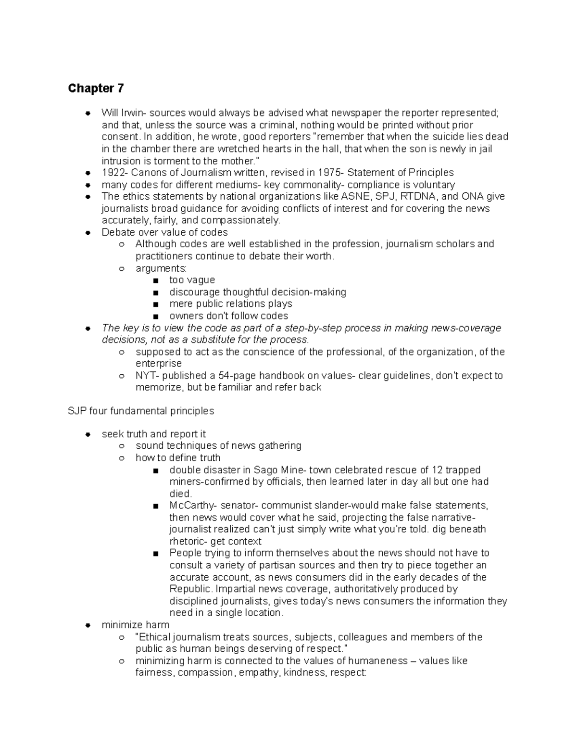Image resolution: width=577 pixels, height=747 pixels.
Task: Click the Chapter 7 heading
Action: pyautogui.click(x=96, y=89)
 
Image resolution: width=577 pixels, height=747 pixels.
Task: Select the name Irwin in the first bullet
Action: pyautogui.click(x=133, y=113)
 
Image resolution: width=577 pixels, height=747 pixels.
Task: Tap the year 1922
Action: pyautogui.click(x=113, y=173)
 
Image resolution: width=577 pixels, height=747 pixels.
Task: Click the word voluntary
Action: pyautogui.click(x=432, y=185)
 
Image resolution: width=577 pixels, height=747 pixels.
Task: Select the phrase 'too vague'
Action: pyautogui.click(x=192, y=280)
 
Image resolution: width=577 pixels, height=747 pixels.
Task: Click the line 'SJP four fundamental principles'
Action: pyautogui.click(x=141, y=411)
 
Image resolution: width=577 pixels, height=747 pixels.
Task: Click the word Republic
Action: pyautogui.click(x=190, y=589)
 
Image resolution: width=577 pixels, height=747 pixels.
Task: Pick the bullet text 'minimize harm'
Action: pyautogui.click(x=136, y=625)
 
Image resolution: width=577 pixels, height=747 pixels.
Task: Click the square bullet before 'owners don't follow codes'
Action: pyautogui.click(x=155, y=316)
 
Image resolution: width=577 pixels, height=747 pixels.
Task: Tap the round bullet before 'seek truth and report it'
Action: pyautogui.click(x=88, y=434)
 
